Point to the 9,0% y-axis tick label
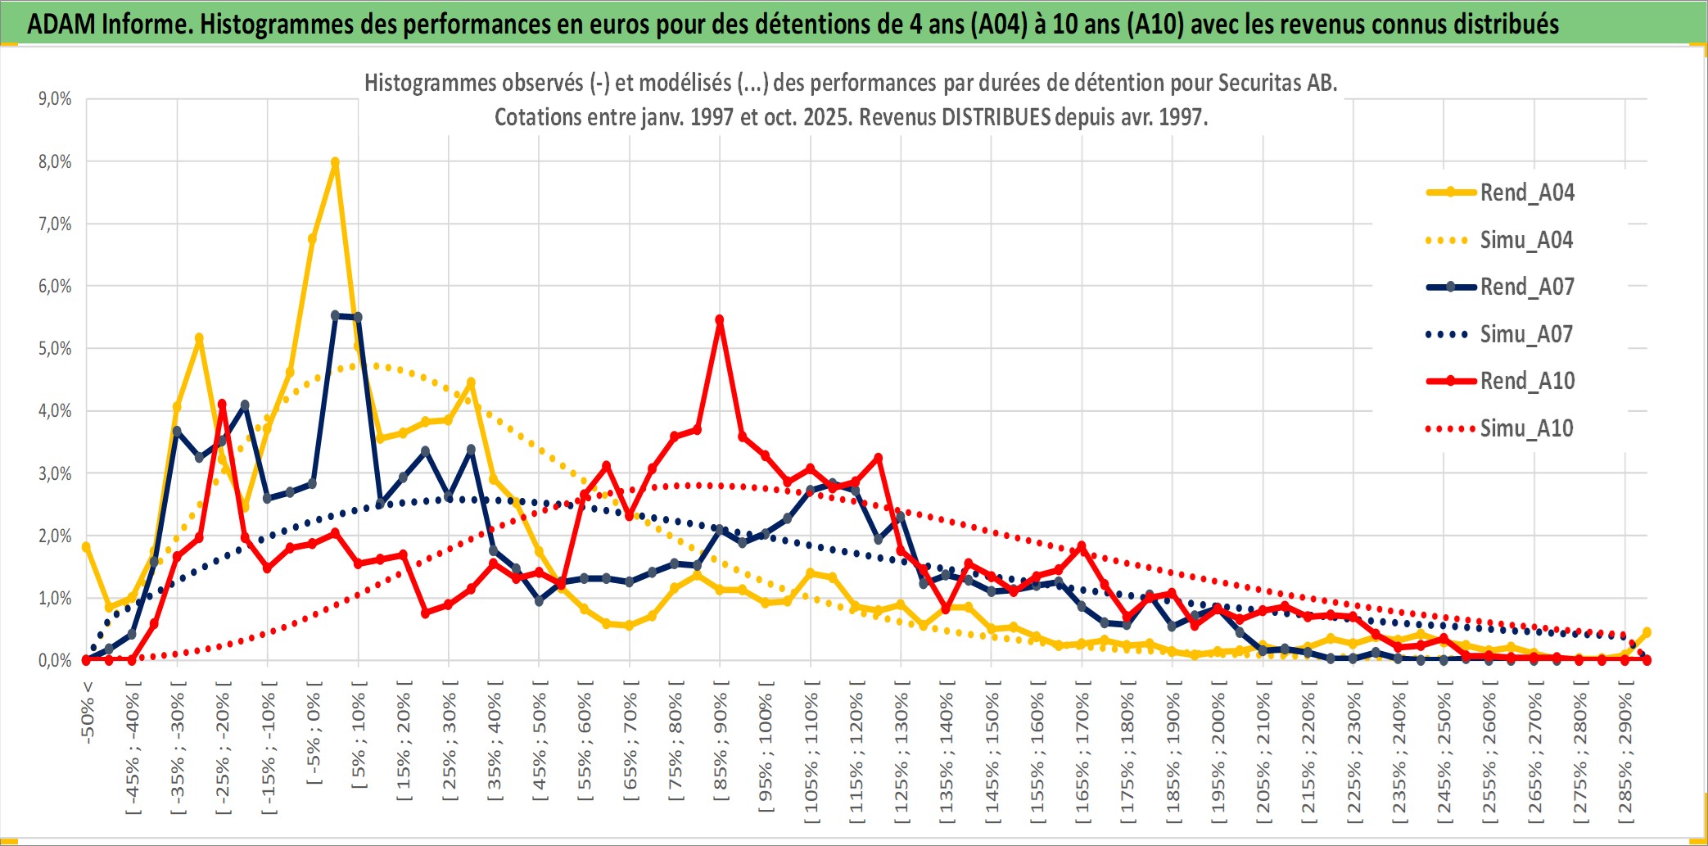[x=55, y=99]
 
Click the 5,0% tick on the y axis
[x=55, y=349]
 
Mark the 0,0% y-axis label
[x=55, y=661]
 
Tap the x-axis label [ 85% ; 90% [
[x=721, y=741]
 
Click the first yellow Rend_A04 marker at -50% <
[x=86, y=547]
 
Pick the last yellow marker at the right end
[x=1647, y=632]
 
